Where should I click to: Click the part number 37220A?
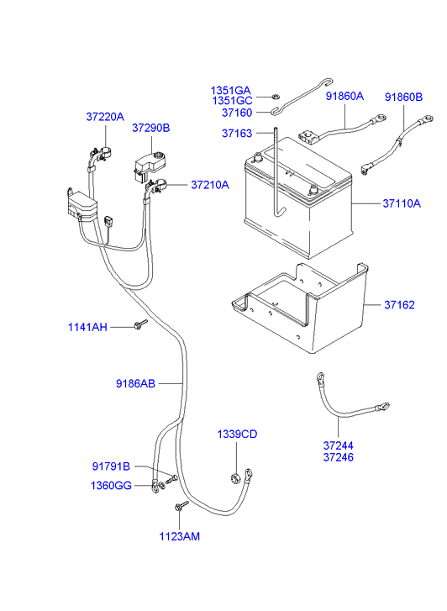[104, 117]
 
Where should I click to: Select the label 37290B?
[150, 128]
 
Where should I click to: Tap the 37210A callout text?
[209, 184]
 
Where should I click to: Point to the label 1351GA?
[230, 90]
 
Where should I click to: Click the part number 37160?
[236, 113]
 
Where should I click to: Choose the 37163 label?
[236, 133]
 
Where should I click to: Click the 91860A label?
[344, 96]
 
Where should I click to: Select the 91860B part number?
[403, 97]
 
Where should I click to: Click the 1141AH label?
[87, 327]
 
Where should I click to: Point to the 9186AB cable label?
[135, 383]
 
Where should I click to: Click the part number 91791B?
[111, 466]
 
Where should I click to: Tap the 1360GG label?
[111, 486]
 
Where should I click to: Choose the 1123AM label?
[181, 535]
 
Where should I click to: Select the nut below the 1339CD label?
[234, 479]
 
